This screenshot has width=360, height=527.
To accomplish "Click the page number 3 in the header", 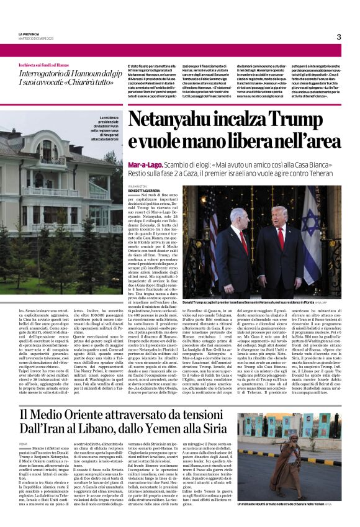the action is coord(339,37).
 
